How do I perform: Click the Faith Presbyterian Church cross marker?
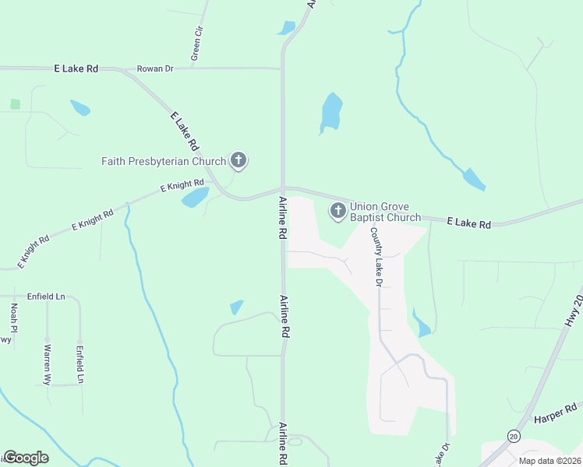(239, 162)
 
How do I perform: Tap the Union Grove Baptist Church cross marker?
(338, 211)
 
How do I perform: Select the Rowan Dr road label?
(155, 68)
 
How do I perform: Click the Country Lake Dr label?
(376, 257)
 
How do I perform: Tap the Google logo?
(26, 458)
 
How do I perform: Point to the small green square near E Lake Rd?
(15, 104)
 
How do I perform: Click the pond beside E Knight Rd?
(195, 198)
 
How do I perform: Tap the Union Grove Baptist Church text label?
(385, 212)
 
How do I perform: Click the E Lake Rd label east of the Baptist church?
(469, 224)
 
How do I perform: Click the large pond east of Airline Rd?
(331, 113)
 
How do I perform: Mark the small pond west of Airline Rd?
(237, 307)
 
